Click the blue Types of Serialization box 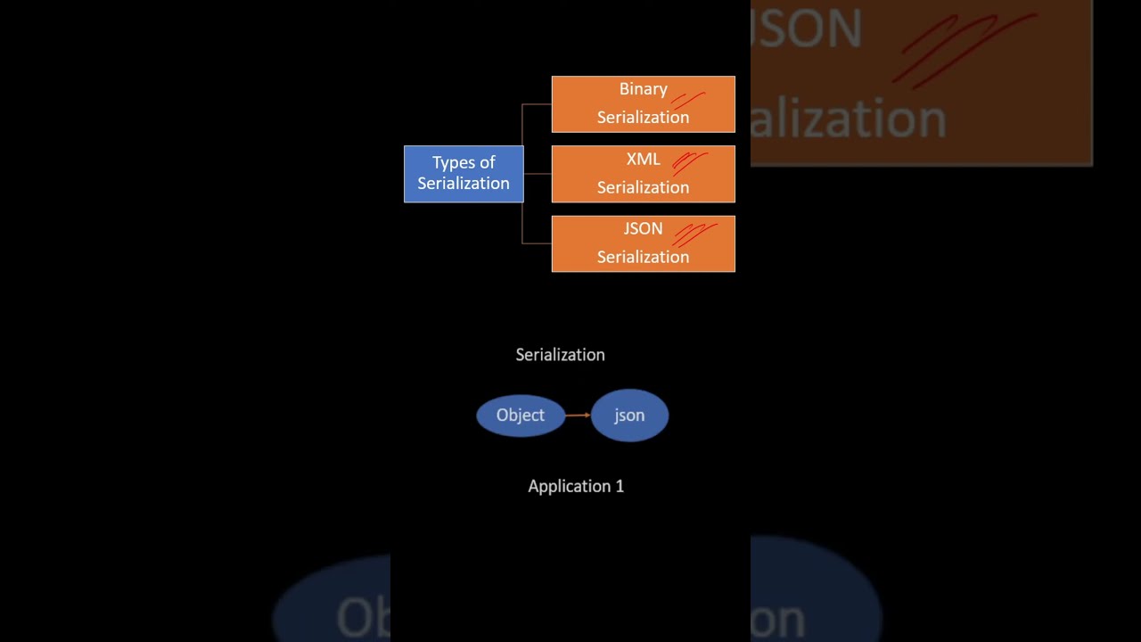click(464, 174)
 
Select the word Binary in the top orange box click(643, 89)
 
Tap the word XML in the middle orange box click(643, 159)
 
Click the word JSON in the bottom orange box click(643, 228)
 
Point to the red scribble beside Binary click(688, 100)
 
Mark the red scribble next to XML click(690, 162)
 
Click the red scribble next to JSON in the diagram click(694, 234)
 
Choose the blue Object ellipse click(521, 416)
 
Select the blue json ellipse click(629, 416)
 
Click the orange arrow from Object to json click(578, 415)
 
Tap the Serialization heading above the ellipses click(560, 355)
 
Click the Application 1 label click(576, 486)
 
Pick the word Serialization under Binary click(643, 117)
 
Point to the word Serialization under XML click(643, 187)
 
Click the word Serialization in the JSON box click(643, 257)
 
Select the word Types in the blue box click(451, 162)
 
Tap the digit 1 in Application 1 click(620, 486)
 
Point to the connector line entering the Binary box click(537, 104)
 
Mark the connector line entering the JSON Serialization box click(537, 243)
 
